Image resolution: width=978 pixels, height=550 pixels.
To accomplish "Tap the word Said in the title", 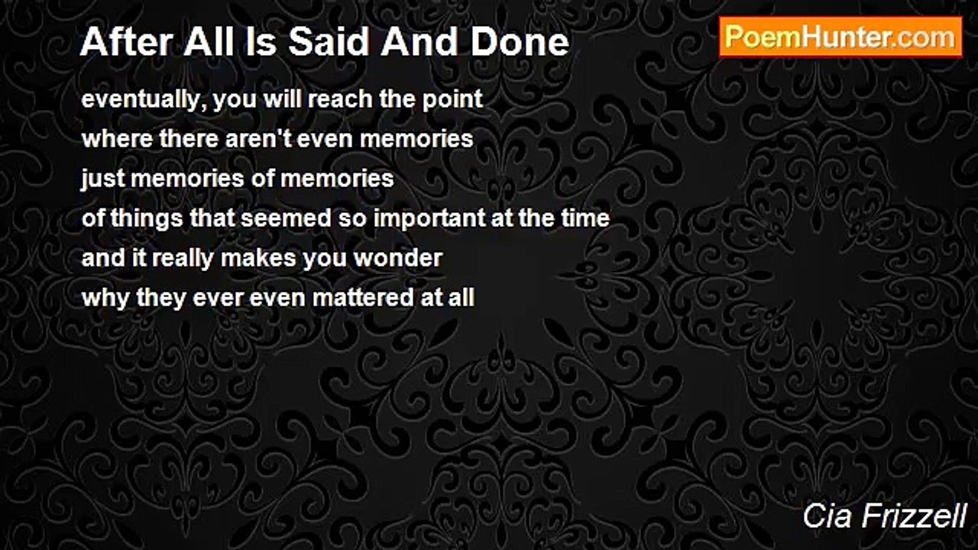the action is [x=329, y=42].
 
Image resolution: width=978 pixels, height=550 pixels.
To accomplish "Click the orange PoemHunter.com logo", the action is [x=840, y=37].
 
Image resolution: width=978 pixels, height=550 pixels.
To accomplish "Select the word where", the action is [x=117, y=139].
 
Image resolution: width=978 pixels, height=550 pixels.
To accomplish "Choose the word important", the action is [x=429, y=218].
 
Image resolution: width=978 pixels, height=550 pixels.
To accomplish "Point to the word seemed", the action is [x=286, y=218].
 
